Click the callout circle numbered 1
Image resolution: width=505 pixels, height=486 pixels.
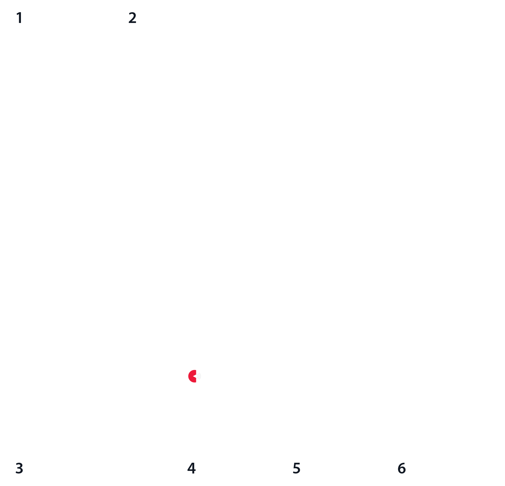pyautogui.click(x=19, y=18)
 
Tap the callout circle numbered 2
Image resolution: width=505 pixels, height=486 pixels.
pyautogui.click(x=132, y=18)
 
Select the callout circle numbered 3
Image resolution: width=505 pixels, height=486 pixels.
pyautogui.click(x=19, y=468)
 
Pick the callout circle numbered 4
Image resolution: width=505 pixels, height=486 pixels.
pyautogui.click(x=191, y=468)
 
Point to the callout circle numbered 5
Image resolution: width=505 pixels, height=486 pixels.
pyautogui.click(x=296, y=468)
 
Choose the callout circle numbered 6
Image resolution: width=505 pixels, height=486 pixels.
pyautogui.click(x=401, y=468)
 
